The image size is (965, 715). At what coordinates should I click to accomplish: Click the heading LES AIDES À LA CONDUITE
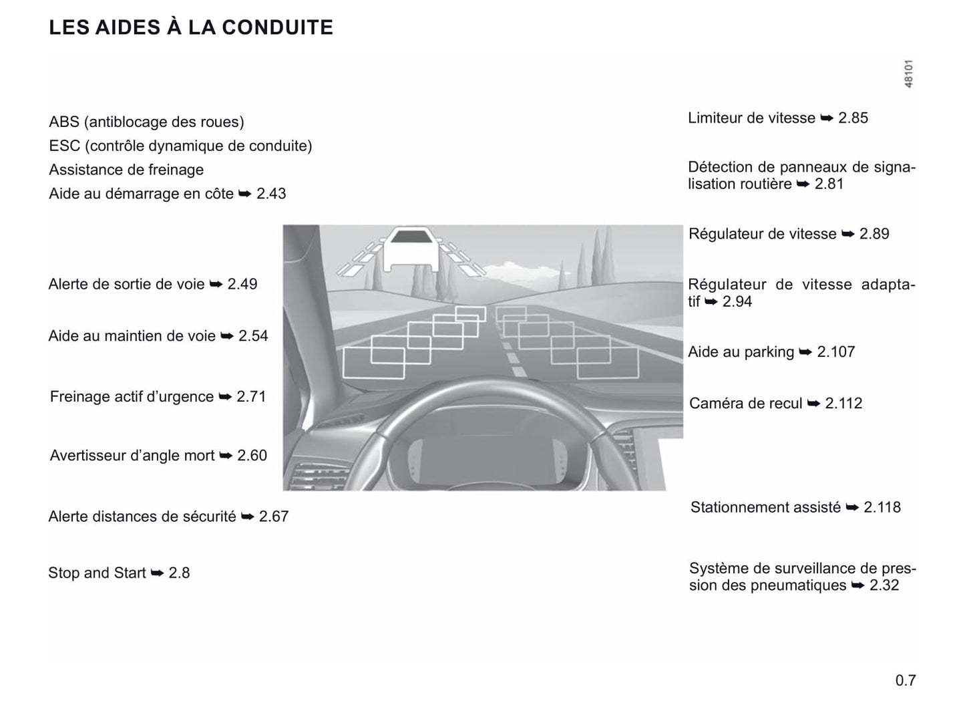click(x=191, y=27)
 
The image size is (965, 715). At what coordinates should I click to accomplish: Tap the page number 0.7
click(x=906, y=680)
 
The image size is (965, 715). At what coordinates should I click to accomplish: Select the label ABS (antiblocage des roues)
click(x=146, y=122)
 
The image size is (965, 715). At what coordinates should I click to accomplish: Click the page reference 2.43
click(x=271, y=194)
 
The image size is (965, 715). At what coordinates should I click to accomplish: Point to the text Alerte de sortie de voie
click(x=126, y=284)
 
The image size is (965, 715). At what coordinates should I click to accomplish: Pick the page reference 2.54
click(x=253, y=336)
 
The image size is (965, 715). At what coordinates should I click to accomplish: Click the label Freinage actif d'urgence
click(x=132, y=397)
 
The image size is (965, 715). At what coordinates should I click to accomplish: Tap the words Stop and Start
click(x=97, y=573)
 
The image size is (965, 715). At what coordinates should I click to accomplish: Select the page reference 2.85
click(x=853, y=118)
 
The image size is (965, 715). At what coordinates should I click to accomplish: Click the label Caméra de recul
click(x=745, y=404)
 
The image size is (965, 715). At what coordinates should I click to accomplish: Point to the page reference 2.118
click(x=882, y=508)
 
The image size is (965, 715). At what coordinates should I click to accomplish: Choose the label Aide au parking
click(x=741, y=352)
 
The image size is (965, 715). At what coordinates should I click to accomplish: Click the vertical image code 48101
click(x=908, y=74)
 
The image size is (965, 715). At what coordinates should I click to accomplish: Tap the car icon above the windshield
click(x=411, y=248)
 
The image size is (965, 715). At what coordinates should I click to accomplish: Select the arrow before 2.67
click(x=248, y=517)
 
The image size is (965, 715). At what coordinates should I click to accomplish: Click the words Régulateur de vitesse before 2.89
click(x=762, y=234)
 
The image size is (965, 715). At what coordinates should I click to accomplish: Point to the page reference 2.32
click(x=884, y=586)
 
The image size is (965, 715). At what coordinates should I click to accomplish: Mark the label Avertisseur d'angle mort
click(x=132, y=456)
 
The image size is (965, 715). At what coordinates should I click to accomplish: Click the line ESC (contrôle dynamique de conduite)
click(x=180, y=146)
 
